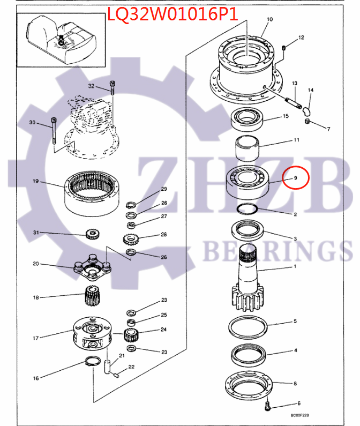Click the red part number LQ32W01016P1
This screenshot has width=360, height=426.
coord(172,13)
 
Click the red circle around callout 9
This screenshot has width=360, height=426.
coord(296,177)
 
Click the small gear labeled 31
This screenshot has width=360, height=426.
coord(94,234)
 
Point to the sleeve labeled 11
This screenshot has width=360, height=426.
coord(246,144)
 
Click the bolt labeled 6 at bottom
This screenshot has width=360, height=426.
coord(268,406)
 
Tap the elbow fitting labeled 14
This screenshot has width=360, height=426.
coord(306,110)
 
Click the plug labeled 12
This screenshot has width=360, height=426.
coord(284,49)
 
